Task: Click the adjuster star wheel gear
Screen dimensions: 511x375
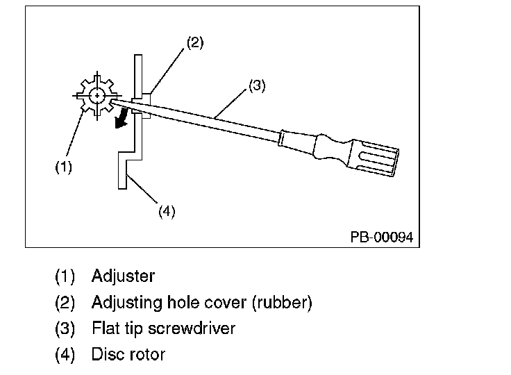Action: tap(97, 96)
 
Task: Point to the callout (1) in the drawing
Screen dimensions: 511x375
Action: tap(64, 167)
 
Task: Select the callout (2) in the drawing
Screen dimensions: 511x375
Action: tap(195, 43)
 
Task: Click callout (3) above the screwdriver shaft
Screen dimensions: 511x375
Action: tap(257, 85)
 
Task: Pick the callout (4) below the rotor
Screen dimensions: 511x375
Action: tap(167, 211)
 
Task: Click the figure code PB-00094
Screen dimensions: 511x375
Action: tap(382, 237)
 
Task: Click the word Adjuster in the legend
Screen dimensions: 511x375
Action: tap(123, 276)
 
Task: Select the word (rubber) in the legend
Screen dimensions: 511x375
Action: tap(282, 303)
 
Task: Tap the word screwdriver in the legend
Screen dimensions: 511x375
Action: tap(192, 328)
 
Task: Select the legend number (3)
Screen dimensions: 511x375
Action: tap(65, 328)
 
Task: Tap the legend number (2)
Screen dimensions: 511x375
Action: tap(65, 303)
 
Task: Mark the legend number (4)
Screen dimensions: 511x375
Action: tap(65, 355)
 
